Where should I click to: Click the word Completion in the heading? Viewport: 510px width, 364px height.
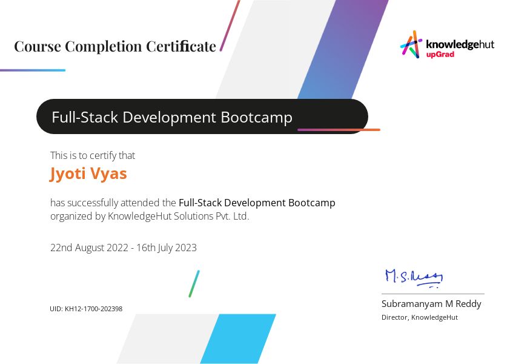105,47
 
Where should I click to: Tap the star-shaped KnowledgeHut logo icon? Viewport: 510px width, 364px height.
411,44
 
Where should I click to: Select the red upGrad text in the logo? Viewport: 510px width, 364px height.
440,55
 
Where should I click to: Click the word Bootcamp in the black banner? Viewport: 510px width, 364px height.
256,118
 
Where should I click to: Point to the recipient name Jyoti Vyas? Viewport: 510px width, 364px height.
88,174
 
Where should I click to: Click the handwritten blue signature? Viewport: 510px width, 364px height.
414,278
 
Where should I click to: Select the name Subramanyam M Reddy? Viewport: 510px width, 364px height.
431,304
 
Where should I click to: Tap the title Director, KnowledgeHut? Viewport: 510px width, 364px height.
420,317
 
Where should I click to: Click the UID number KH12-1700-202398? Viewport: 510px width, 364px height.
94,309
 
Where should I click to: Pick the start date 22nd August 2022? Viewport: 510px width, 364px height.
89,248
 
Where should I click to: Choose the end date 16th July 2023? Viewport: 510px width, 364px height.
167,248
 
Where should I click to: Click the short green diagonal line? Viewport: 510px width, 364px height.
194,283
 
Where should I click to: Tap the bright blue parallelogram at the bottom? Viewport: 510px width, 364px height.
238,339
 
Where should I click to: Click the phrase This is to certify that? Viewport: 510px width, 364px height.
93,156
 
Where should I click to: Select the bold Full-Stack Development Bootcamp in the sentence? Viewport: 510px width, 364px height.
257,203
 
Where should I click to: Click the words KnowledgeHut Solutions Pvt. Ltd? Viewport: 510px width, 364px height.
178,217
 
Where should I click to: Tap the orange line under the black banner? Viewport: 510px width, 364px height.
339,130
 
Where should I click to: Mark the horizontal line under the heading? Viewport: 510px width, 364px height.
33,70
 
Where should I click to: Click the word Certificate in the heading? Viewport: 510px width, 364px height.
181,46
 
